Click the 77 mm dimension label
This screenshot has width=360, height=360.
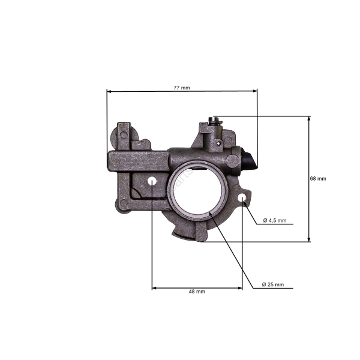click(x=181, y=88)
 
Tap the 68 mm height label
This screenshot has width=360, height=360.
click(x=318, y=179)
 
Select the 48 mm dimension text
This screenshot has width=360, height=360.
click(x=197, y=292)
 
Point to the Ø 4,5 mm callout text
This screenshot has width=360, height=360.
click(x=275, y=220)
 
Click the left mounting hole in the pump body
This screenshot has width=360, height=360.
click(x=152, y=181)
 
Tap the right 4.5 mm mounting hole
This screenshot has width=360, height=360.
click(x=242, y=198)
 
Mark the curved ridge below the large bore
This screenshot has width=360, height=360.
click(x=186, y=231)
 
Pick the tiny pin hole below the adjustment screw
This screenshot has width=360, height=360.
click(x=214, y=145)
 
